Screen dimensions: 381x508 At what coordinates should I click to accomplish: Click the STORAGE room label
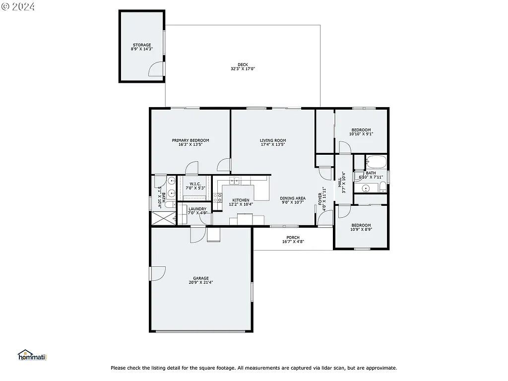(x=141, y=45)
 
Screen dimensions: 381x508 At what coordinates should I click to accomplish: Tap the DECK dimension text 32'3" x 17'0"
(x=243, y=69)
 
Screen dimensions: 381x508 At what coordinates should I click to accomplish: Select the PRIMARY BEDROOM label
(x=190, y=140)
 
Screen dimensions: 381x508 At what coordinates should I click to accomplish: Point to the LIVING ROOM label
(x=273, y=140)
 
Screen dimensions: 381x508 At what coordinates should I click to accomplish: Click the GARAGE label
(x=201, y=278)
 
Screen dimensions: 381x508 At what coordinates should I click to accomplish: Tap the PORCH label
(x=293, y=237)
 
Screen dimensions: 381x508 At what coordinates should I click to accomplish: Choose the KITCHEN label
(x=241, y=200)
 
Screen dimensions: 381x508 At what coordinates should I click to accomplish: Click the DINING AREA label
(x=293, y=198)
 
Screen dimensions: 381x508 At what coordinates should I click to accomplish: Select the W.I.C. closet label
(x=195, y=184)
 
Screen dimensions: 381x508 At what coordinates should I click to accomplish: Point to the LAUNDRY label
(x=197, y=209)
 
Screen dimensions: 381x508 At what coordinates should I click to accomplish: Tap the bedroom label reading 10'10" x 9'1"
(x=361, y=133)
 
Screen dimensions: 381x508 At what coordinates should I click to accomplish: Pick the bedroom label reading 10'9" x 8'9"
(x=361, y=229)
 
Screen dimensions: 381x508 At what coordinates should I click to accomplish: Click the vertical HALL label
(x=340, y=182)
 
